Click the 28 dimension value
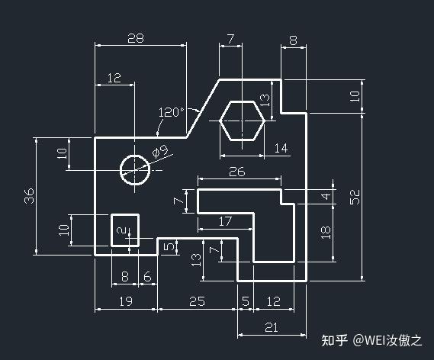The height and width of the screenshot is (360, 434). click(x=136, y=38)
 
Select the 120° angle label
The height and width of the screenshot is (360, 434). click(x=172, y=112)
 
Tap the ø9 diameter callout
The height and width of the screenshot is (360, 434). click(x=160, y=151)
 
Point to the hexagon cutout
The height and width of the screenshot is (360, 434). click(x=243, y=121)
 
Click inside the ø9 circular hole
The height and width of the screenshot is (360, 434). click(x=135, y=169)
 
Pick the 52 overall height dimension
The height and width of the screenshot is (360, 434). click(x=355, y=197)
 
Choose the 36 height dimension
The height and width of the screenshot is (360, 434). click(x=29, y=196)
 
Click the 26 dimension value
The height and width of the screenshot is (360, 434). click(x=237, y=172)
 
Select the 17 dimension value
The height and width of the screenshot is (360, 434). click(x=225, y=221)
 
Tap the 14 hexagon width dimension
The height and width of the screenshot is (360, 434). click(x=281, y=148)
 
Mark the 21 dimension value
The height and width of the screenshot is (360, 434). click(x=272, y=328)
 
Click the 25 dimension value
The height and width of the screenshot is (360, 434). click(x=197, y=301)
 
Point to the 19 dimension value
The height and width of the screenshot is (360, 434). click(x=126, y=301)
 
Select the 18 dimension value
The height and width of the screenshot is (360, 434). click(x=326, y=233)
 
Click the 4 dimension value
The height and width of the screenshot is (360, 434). click(x=326, y=197)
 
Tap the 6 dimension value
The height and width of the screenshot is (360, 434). click(x=147, y=276)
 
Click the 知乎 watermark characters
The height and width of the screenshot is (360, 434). click(x=334, y=340)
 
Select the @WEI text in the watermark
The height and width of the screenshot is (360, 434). click(x=369, y=340)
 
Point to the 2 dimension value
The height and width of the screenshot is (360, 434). click(x=121, y=230)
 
